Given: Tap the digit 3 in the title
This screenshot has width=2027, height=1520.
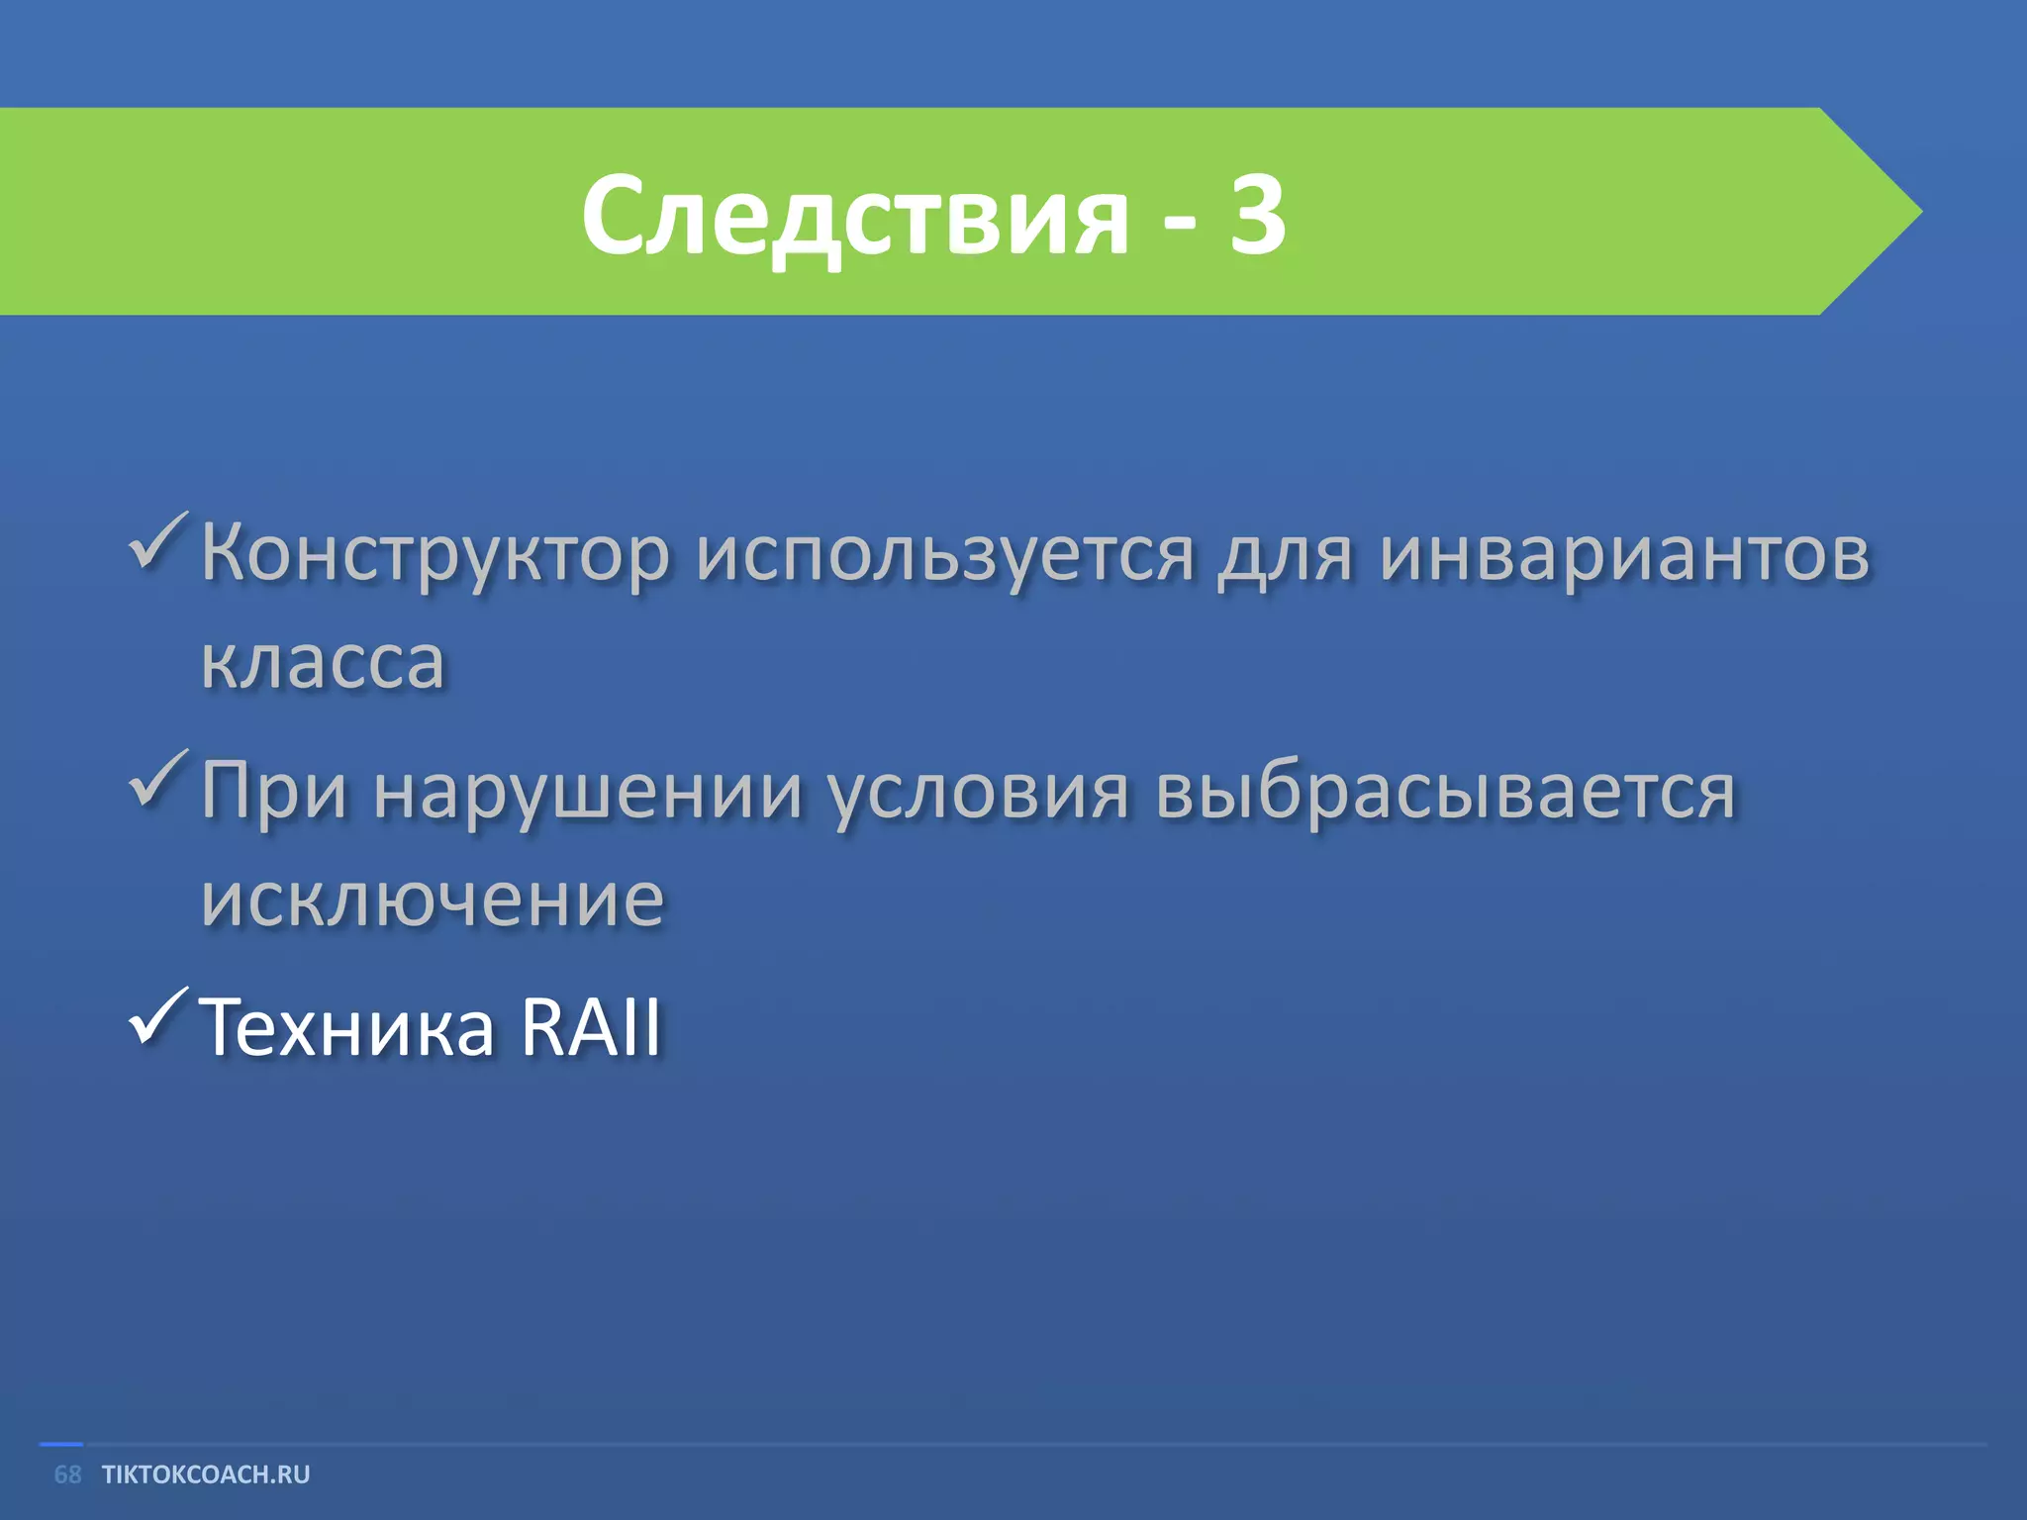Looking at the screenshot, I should point(1257,214).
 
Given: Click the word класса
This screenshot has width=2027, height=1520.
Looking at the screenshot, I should point(323,661).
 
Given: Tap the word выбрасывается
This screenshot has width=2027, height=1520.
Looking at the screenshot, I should point(1445,792).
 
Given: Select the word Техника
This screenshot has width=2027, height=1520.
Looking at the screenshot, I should point(346,1027).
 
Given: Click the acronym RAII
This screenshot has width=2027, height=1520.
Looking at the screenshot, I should point(591,1027).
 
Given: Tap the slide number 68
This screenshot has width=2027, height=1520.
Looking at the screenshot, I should point(67,1474).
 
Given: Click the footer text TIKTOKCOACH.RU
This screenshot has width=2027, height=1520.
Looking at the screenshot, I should point(206,1474).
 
